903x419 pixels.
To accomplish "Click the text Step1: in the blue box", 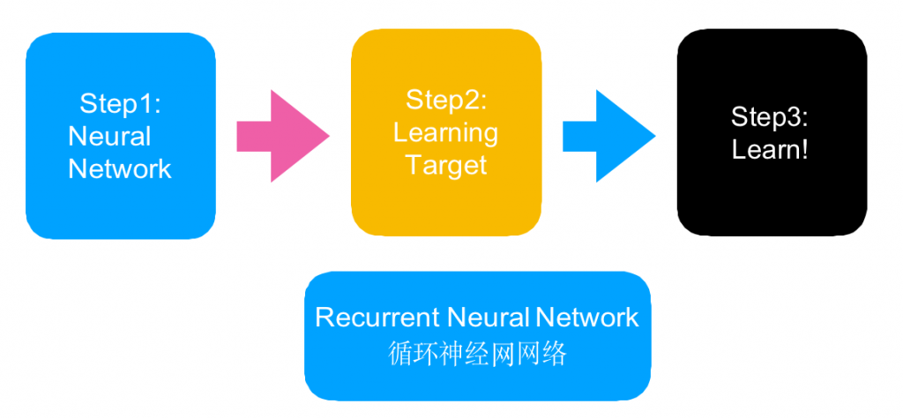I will pos(121,103).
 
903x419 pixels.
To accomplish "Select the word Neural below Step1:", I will pos(109,137).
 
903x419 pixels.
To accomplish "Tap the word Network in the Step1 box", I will pos(120,168).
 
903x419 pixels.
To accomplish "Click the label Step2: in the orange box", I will pos(446,100).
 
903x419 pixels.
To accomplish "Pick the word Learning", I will pos(445,132).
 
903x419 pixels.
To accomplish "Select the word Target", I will pos(446,165).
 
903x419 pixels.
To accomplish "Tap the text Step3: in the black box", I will pos(770,117).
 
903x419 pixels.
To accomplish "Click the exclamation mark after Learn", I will pos(804,150).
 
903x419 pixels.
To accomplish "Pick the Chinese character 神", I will pos(452,354).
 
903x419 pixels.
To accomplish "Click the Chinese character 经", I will pos(478,354).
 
